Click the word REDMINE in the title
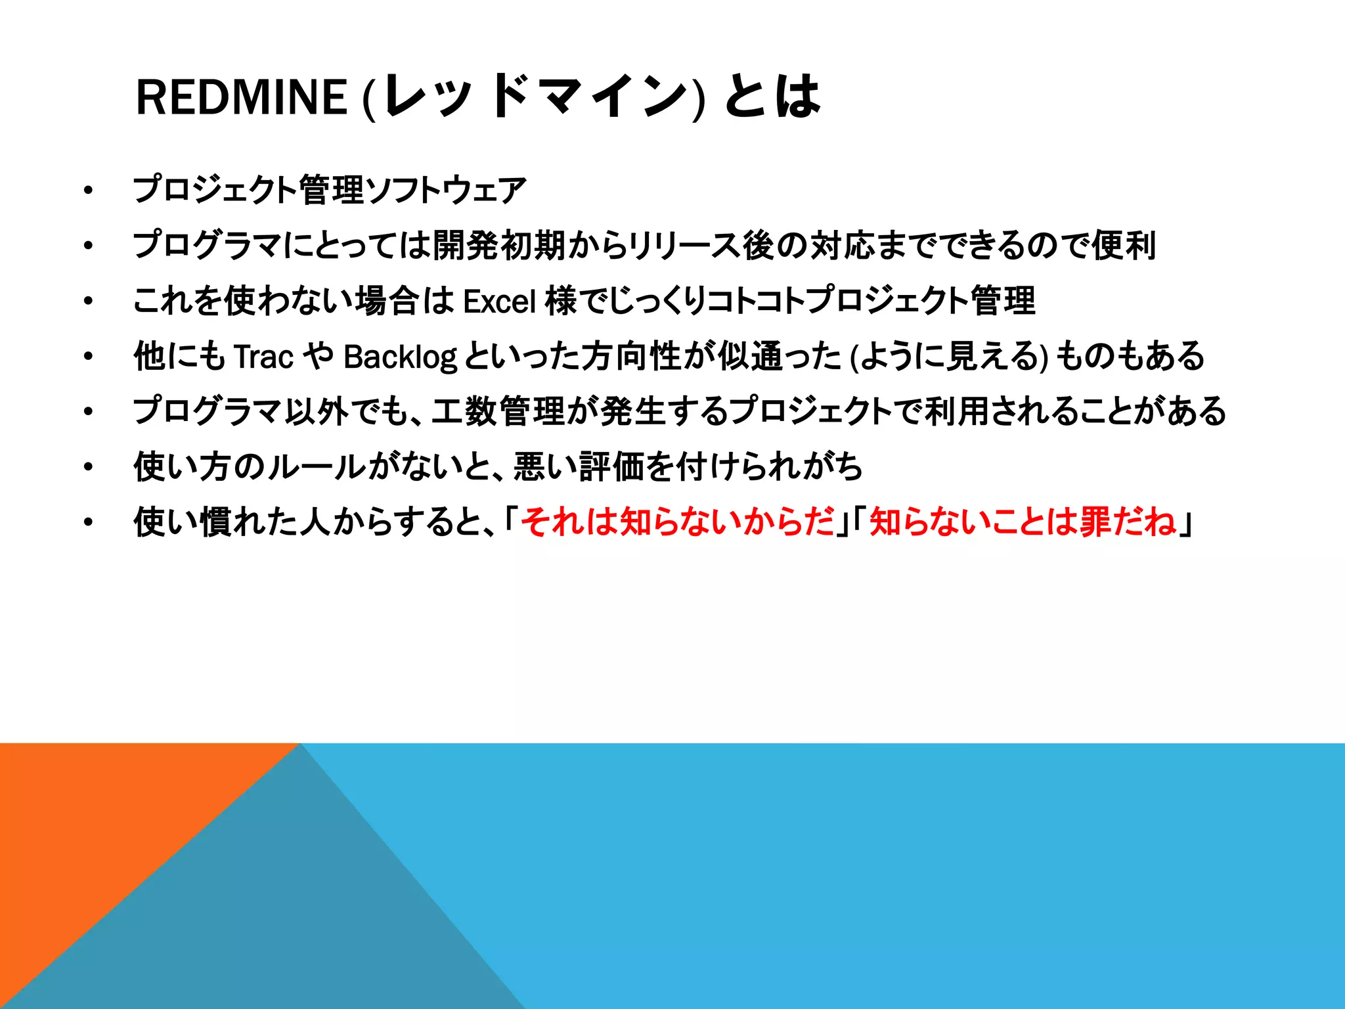(x=241, y=97)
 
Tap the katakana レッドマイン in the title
(x=535, y=97)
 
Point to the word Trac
(x=263, y=357)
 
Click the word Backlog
(x=400, y=357)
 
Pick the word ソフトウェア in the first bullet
(x=447, y=191)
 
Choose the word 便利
(x=1124, y=246)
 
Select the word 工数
(x=464, y=412)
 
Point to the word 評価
(x=611, y=467)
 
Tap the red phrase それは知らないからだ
(x=677, y=522)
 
